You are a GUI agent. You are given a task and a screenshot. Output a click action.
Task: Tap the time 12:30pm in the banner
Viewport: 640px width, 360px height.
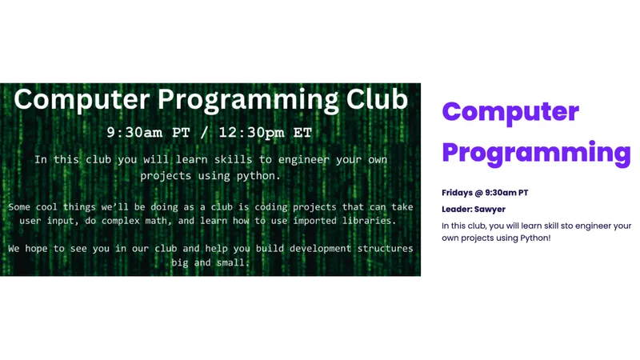point(251,133)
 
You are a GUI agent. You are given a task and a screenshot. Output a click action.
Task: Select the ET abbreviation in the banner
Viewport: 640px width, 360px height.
point(302,133)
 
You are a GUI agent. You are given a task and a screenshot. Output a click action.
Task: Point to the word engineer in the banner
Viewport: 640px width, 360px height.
point(304,159)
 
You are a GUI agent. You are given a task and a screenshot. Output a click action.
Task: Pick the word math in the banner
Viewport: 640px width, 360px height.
point(156,221)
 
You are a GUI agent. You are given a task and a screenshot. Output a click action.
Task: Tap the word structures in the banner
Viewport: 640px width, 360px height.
point(386,248)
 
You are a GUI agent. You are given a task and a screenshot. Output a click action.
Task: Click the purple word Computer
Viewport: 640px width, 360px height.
point(510,111)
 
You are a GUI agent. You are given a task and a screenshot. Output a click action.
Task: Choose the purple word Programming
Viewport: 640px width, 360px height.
point(536,152)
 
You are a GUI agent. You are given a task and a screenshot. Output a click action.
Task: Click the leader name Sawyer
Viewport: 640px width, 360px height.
point(490,210)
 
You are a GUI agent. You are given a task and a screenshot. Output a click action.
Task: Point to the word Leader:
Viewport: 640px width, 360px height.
point(457,209)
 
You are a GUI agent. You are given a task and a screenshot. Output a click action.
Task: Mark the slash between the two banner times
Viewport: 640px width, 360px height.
point(204,133)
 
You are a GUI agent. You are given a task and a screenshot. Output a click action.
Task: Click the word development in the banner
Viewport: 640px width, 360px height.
point(320,249)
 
